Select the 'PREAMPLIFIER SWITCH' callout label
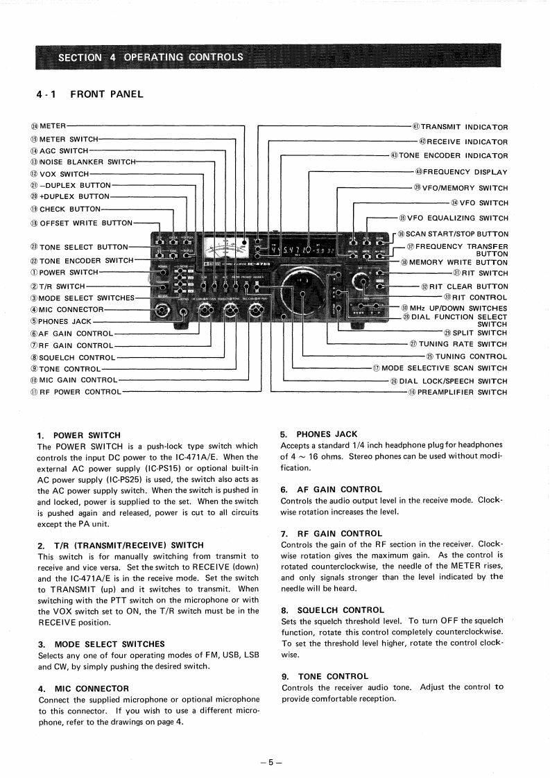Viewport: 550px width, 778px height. coord(462,392)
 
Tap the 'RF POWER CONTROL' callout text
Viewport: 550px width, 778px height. coord(80,392)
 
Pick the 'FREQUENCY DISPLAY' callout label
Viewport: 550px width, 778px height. coord(465,172)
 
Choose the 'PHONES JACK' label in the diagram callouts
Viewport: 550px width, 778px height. coord(65,321)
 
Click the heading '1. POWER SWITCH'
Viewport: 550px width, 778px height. coord(78,435)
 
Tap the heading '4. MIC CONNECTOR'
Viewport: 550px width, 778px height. coord(83,689)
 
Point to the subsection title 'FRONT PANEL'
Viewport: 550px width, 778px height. coord(107,94)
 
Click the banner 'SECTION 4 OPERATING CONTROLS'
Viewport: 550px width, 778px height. coord(151,57)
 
